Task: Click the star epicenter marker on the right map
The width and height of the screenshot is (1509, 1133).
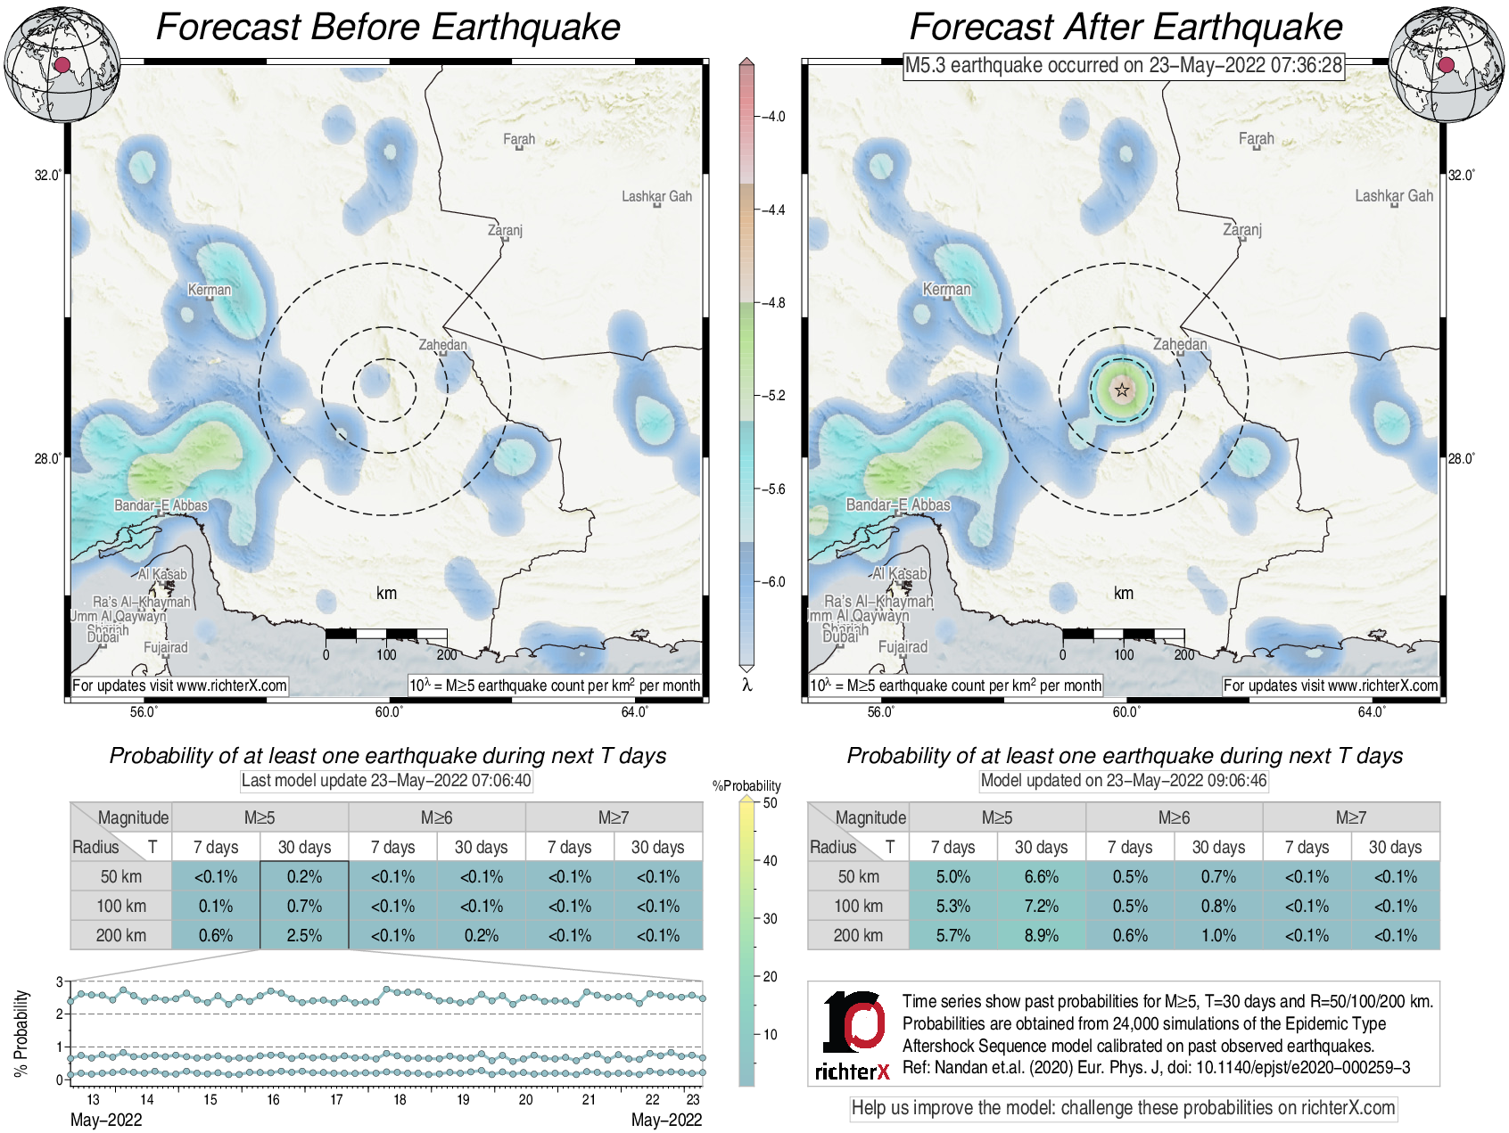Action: coord(1122,390)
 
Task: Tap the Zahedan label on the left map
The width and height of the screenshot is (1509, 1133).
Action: coord(443,345)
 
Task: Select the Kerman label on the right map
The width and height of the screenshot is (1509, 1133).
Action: coord(946,290)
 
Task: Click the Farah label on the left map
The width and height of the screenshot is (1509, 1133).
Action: coord(519,139)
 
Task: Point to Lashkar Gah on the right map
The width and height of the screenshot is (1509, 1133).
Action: coord(1394,196)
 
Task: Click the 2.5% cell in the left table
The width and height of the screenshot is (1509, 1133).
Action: coord(304,935)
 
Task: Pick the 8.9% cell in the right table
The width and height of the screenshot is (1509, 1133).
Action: coord(1041,935)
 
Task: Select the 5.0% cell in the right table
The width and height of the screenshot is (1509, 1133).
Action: coord(952,876)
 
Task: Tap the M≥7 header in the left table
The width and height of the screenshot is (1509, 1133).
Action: coord(614,817)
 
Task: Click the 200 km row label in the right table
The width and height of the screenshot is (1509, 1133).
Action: coord(858,935)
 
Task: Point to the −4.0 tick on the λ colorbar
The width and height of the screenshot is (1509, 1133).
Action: coord(772,117)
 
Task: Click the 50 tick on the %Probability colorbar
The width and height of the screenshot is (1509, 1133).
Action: coord(770,802)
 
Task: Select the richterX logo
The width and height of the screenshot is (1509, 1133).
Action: coord(853,1035)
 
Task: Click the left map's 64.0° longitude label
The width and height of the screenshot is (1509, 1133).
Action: coord(635,711)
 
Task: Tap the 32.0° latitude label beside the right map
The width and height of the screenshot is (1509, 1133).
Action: coord(1461,175)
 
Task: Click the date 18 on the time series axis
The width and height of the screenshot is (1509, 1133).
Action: coord(400,1099)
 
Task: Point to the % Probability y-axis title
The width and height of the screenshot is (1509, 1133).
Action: coord(21,1033)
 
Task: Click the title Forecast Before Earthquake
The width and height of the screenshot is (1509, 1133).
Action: coord(388,27)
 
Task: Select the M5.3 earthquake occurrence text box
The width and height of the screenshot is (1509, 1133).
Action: coord(1124,65)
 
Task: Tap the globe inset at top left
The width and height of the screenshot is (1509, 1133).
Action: coord(62,64)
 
